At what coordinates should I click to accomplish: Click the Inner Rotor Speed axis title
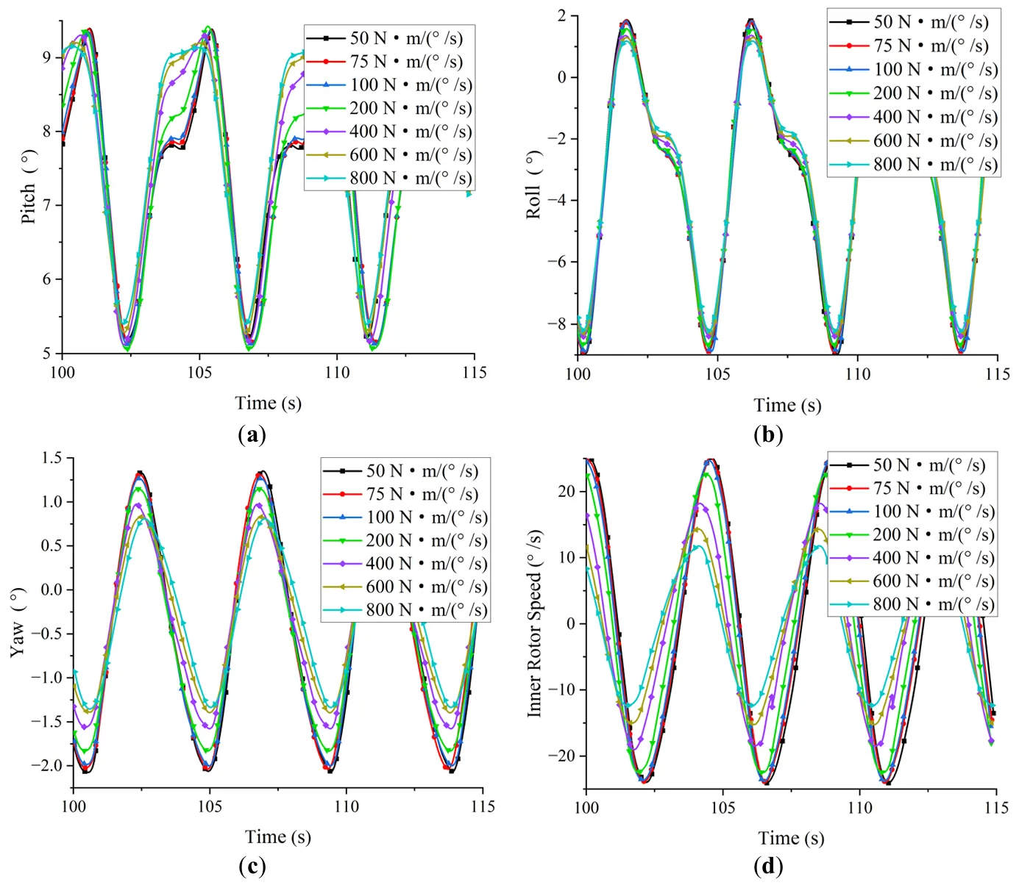coord(535,623)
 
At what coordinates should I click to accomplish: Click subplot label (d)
coord(769,867)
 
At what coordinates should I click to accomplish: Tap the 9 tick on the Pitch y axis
coord(46,57)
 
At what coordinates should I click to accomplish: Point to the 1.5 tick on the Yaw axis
coord(52,458)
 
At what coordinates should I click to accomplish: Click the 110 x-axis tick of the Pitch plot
coord(337,373)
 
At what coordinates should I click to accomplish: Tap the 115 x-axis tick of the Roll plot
coord(998,374)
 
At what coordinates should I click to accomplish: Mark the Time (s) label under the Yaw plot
coord(278,837)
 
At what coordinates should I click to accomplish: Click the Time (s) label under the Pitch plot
coord(268,403)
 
